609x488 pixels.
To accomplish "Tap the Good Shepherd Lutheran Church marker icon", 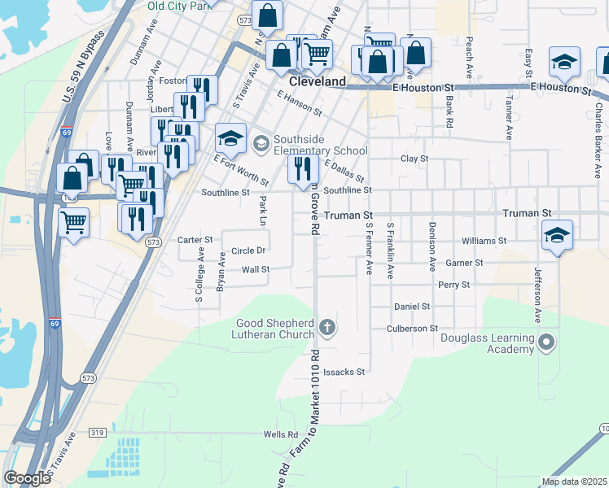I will [x=327, y=328].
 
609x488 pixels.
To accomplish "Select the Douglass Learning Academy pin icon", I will [x=545, y=343].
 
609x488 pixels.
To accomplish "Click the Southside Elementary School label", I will [x=320, y=145].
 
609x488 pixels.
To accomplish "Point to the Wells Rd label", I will [x=280, y=434].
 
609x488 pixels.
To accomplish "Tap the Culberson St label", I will [x=411, y=328].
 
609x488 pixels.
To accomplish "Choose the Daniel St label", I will [x=412, y=307].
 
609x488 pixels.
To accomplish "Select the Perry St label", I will [x=453, y=285].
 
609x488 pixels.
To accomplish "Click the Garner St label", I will [x=465, y=263].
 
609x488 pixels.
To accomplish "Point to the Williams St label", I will [x=484, y=241].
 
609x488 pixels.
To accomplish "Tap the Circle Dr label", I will [x=248, y=251].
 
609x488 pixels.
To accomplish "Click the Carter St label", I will [x=195, y=240].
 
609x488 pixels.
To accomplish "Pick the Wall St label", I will [x=255, y=269].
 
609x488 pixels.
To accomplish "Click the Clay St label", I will [x=414, y=159].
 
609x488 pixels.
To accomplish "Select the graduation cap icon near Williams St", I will [x=557, y=235].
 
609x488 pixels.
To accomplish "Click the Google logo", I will [x=27, y=478].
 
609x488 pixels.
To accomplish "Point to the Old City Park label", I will [x=180, y=5].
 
